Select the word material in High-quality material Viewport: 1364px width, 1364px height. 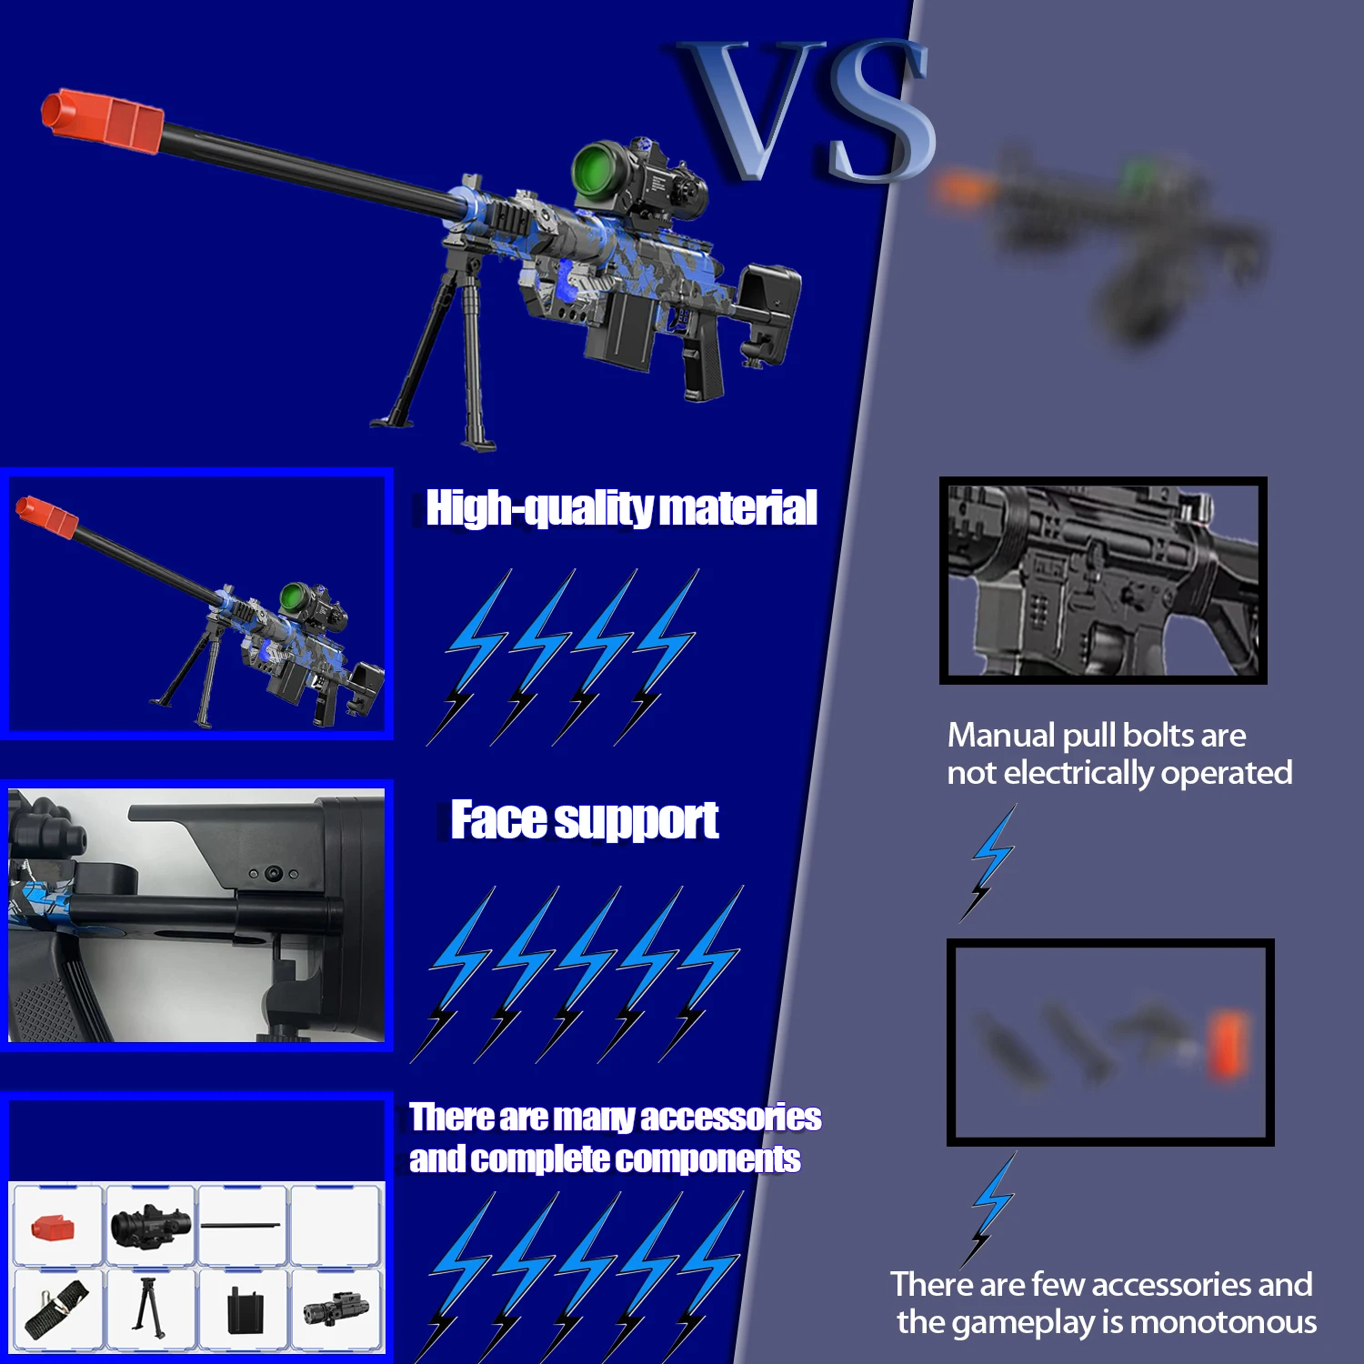point(737,507)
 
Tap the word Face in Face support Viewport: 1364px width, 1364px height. point(499,820)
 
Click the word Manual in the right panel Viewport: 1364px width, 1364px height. point(1000,735)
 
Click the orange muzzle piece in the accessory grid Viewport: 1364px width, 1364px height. point(54,1228)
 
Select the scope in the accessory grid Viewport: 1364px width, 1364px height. point(150,1226)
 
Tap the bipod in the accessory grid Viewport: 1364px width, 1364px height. point(148,1307)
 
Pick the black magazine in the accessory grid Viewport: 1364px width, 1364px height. point(243,1309)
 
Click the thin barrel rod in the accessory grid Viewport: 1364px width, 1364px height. point(243,1225)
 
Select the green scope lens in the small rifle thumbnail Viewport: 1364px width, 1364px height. point(292,597)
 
